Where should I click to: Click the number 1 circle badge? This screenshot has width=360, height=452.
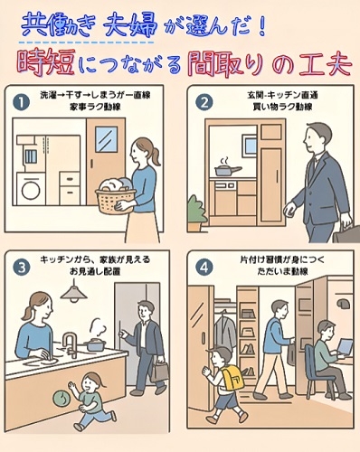[21, 103]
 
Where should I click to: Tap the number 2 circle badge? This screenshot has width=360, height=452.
[204, 103]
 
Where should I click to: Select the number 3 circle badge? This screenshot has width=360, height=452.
[22, 268]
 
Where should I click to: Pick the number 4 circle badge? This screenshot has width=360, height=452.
[204, 268]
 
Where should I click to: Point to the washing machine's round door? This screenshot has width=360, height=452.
[31, 190]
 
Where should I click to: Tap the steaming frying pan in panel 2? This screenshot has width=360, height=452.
[227, 170]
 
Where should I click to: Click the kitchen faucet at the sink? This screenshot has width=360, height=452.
[71, 344]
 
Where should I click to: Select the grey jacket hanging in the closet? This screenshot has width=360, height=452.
[224, 331]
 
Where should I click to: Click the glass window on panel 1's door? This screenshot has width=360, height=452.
[106, 139]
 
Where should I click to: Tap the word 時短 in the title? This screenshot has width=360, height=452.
[46, 64]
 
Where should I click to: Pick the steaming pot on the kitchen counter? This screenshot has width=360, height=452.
[96, 344]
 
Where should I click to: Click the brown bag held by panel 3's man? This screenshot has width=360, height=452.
[160, 372]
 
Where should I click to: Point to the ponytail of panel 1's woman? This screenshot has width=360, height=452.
[155, 156]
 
